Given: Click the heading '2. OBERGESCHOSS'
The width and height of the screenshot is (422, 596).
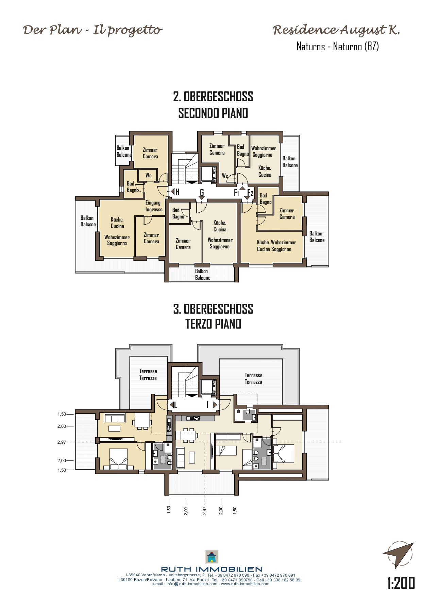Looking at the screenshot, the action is coord(213,97).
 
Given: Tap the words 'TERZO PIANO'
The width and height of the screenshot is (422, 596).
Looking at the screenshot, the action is coord(213,324).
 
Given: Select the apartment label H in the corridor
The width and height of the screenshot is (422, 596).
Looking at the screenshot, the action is coord(177,192).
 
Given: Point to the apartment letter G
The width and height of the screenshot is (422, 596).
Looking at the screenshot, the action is coord(202,193).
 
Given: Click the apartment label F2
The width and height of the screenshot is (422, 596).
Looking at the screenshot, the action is coord(250,193).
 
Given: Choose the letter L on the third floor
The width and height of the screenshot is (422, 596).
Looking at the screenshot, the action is coord(175,405).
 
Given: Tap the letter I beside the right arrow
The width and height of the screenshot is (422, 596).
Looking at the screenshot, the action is coord(207,405).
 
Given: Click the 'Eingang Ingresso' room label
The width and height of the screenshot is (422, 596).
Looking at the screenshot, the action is coord(154,206).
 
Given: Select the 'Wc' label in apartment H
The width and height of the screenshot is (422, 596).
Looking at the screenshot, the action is coord(148,175).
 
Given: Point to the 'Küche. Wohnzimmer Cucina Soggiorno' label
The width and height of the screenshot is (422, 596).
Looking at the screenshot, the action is coord(276,246).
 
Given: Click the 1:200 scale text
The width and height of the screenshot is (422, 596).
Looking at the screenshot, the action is coord(401,583).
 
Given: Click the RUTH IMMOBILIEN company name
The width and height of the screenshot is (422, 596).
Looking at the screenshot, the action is coord(212,569).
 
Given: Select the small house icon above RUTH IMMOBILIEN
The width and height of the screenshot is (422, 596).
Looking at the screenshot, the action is coord(212,557).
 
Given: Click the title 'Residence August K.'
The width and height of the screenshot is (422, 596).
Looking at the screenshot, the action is coord(336,31).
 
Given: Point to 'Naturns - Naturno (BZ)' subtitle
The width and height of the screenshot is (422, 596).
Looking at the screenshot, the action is coord(338,46).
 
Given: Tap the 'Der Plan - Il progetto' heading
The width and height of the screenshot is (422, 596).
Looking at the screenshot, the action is coord(92,31).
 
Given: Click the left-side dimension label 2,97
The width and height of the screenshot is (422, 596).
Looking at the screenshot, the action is coord(62,442).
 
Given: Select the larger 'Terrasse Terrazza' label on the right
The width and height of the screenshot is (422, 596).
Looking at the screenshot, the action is coord(253,379).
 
